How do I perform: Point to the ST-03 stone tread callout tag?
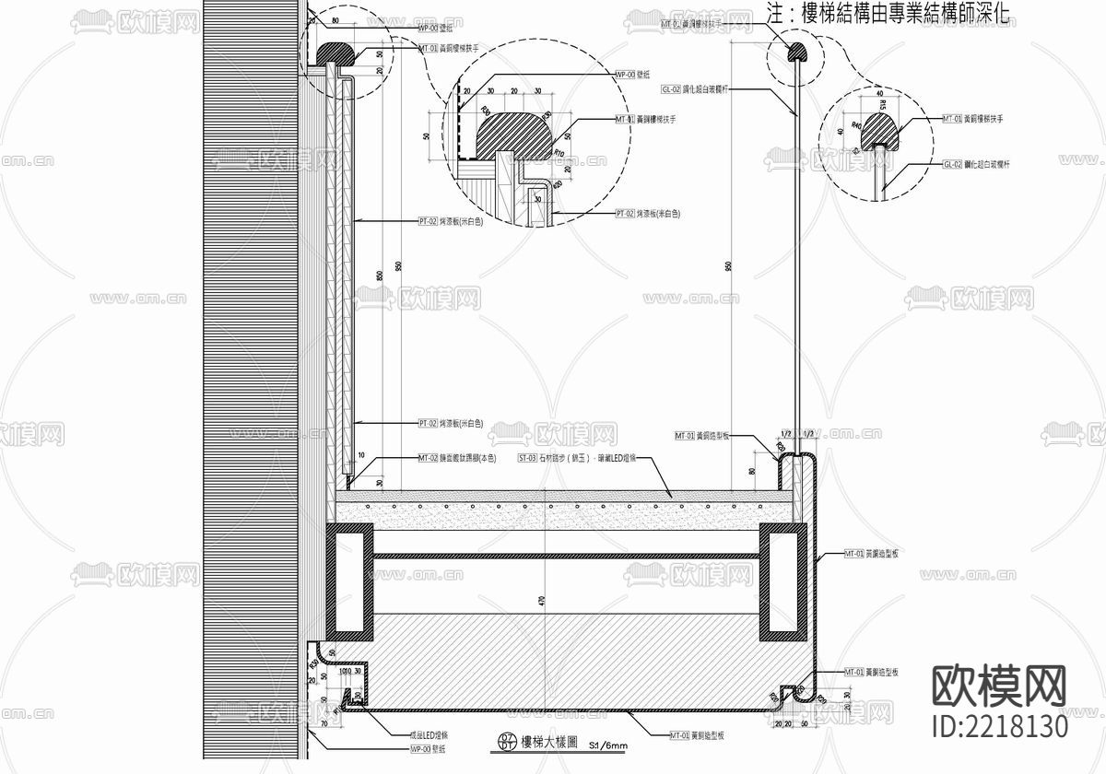coord(526,457)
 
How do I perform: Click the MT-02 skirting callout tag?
coord(427,457)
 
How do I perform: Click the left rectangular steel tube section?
coord(349,582)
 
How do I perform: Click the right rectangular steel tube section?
coord(782,582)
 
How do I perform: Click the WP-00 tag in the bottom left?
coord(418,749)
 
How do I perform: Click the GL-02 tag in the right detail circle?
coord(952,164)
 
